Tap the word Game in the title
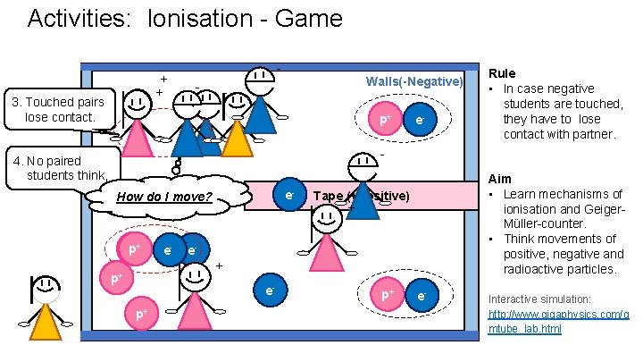pos(308,18)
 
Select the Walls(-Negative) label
pos(414,82)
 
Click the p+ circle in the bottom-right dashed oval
pos(388,295)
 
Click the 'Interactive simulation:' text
pos(539,299)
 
